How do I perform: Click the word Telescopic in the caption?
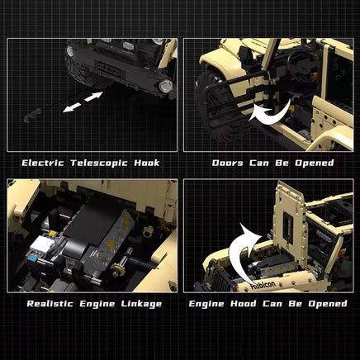[99, 163]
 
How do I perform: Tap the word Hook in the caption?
[147, 163]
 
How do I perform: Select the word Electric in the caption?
[43, 163]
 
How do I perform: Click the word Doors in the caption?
[228, 163]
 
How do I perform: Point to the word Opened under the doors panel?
[315, 163]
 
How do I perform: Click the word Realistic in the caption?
[50, 304]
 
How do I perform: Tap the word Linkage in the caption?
[141, 304]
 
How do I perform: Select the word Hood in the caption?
[244, 304]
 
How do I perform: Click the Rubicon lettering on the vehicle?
[263, 285]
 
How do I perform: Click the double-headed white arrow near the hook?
[83, 102]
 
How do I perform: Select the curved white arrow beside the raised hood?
[242, 253]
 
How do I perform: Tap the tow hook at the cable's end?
[32, 116]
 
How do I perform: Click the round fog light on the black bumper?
[166, 86]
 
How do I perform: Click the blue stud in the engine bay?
[33, 258]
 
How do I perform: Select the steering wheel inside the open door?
[300, 64]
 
